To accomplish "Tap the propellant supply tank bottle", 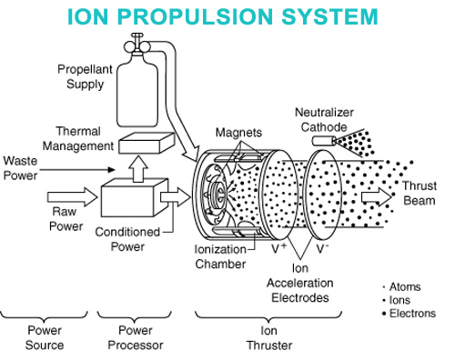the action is click(x=137, y=90).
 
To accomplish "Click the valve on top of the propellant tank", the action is click(x=136, y=45).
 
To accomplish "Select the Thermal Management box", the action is click(x=147, y=143).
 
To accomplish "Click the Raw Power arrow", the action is click(x=72, y=197).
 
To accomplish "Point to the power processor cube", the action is click(x=135, y=197).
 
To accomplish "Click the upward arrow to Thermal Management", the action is click(x=138, y=169).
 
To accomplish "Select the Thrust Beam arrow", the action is click(x=377, y=197).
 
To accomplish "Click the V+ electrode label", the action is click(x=278, y=248).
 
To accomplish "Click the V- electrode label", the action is click(x=322, y=248).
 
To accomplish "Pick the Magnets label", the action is click(x=238, y=133).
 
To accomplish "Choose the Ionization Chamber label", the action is click(x=220, y=256).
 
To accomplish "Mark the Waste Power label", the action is click(x=20, y=168).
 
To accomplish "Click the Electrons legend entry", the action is click(x=409, y=314).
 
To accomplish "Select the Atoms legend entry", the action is click(x=401, y=286).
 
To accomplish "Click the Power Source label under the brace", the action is click(x=45, y=337).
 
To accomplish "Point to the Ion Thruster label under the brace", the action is click(x=269, y=338).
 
